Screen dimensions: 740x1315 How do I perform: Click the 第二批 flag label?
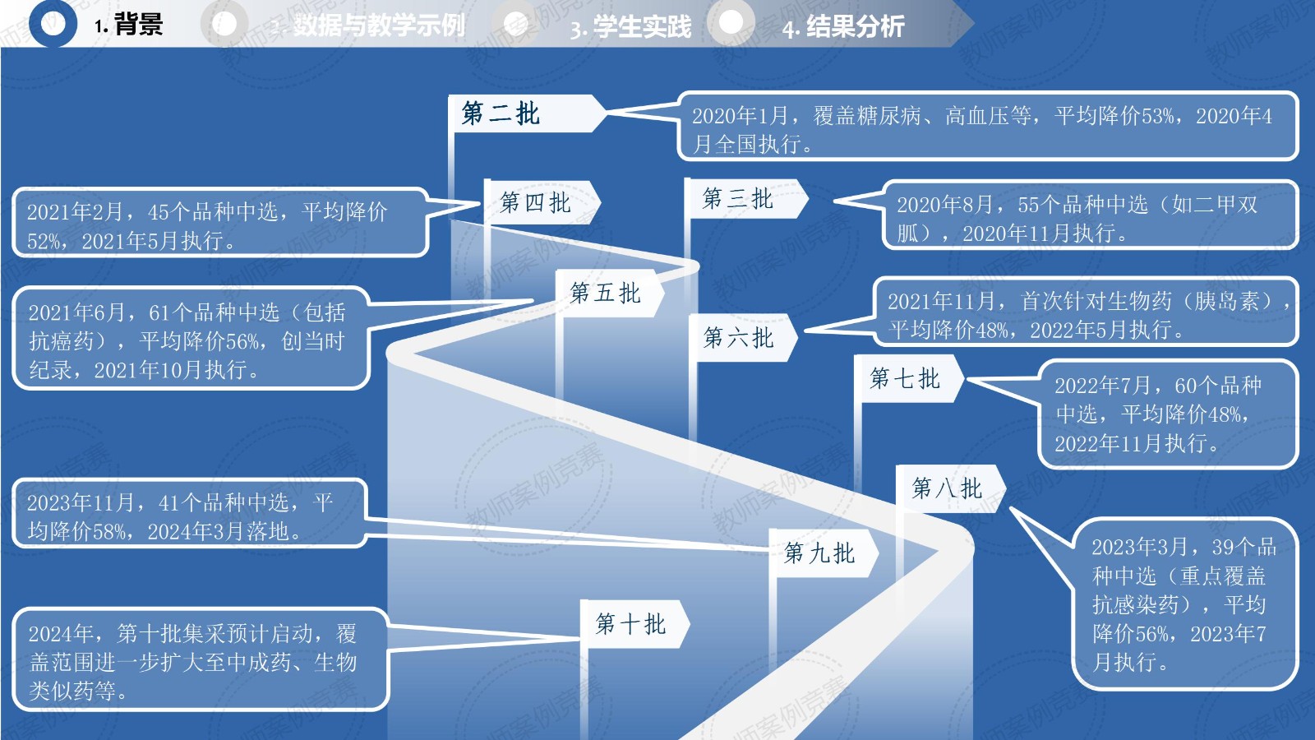(x=501, y=113)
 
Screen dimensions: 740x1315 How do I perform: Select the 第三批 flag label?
(x=737, y=198)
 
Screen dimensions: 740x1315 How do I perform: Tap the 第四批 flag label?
(x=535, y=202)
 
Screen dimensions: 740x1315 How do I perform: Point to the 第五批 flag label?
(x=605, y=293)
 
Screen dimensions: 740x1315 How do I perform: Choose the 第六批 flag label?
(x=738, y=337)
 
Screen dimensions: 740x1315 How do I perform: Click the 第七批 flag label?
(x=905, y=378)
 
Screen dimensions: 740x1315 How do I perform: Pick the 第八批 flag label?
(x=947, y=488)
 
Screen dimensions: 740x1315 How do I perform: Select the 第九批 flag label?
(x=819, y=553)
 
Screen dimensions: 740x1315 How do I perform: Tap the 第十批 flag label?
(x=630, y=624)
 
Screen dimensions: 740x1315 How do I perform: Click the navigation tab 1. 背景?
(x=129, y=25)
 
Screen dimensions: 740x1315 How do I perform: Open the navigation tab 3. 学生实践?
(x=631, y=27)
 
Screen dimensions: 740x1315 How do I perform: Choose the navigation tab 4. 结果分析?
(x=843, y=27)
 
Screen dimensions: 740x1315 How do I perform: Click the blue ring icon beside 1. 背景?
(x=53, y=24)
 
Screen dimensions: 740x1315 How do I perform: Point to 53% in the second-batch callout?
(x=1157, y=116)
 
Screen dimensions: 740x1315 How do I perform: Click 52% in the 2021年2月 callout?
(x=44, y=241)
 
